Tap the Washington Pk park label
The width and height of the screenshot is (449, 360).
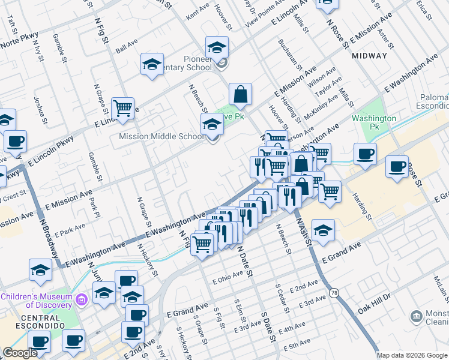(x=375, y=122)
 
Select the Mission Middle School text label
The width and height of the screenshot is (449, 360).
(x=161, y=137)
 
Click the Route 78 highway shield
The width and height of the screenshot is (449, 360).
(x=334, y=292)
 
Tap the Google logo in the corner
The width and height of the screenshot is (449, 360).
(x=20, y=353)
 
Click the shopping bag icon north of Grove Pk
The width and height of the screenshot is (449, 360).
(x=240, y=94)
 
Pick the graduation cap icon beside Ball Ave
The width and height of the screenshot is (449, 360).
(x=152, y=64)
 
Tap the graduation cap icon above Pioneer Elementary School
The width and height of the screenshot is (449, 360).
(x=217, y=47)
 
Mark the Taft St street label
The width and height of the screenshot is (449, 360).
(x=12, y=29)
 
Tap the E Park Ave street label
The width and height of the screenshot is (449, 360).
(x=70, y=230)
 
